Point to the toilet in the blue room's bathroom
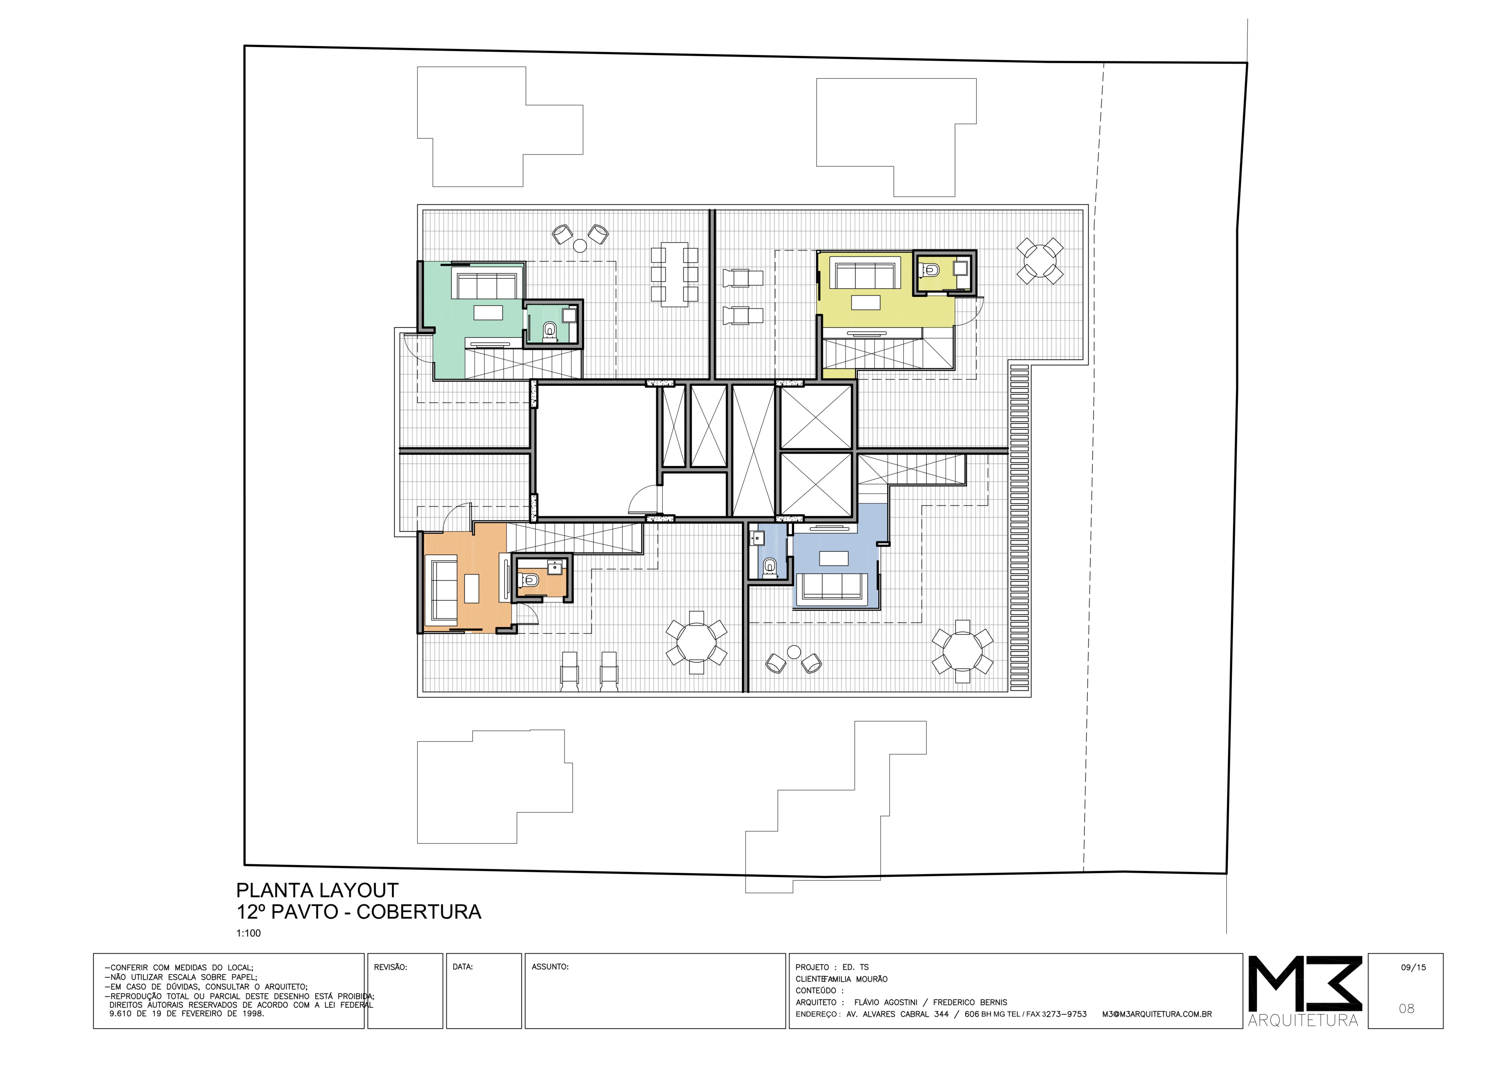coord(769,567)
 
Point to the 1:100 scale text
coord(249,933)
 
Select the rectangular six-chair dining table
coord(674,274)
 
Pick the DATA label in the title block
coord(463,967)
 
